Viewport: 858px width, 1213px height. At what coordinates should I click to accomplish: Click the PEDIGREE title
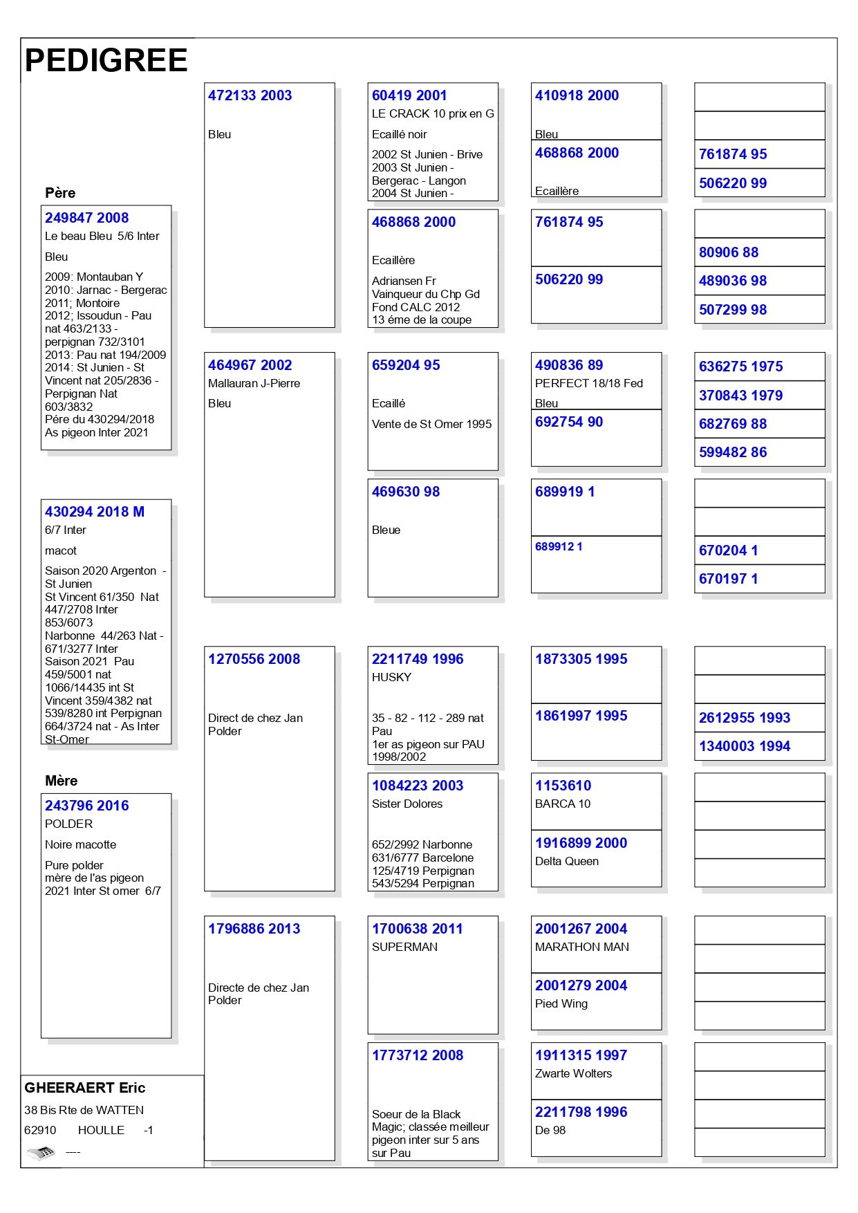click(106, 61)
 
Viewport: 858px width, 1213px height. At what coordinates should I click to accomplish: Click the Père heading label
click(60, 193)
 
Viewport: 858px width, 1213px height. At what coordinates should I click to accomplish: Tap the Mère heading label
click(61, 781)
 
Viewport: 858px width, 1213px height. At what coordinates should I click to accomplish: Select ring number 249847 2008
click(86, 218)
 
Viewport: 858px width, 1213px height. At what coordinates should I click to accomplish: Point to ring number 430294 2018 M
click(95, 512)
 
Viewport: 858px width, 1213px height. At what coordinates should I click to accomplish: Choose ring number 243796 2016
click(86, 806)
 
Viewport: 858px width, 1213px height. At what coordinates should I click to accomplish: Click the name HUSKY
click(391, 677)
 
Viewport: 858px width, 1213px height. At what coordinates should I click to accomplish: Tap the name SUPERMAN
click(404, 947)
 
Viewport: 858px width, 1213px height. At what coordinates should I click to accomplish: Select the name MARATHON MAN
click(581, 947)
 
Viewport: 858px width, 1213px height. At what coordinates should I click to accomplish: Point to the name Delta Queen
click(566, 861)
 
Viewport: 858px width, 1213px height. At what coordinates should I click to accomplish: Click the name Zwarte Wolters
click(573, 1073)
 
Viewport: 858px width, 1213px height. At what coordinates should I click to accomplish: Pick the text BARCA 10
click(563, 804)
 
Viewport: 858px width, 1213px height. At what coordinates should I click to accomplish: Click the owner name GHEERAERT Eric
click(84, 1088)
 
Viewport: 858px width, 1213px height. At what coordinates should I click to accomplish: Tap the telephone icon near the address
click(41, 1152)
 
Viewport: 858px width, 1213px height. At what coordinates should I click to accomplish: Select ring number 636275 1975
click(740, 367)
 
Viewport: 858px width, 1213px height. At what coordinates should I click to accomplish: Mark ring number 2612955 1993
click(744, 718)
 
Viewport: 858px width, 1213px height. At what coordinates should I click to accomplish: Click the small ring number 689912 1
click(559, 546)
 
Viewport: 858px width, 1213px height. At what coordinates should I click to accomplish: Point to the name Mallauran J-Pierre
click(254, 383)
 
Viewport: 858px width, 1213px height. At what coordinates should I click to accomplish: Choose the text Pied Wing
click(561, 1003)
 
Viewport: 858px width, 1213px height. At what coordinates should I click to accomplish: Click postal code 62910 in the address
click(40, 1130)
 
